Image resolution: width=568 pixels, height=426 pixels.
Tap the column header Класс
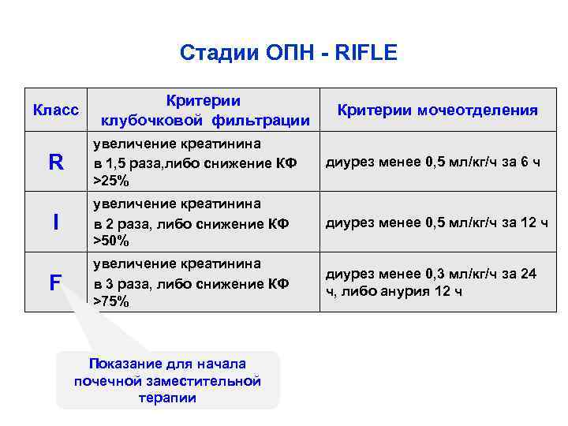55,110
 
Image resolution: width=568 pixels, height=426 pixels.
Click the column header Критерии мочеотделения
437,110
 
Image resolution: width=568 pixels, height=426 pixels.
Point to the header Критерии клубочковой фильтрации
204,110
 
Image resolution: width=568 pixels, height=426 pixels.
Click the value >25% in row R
111,181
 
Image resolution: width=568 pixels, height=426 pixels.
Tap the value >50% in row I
111,241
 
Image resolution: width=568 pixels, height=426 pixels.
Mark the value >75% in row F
111,301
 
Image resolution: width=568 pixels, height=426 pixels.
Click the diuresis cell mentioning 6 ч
432,163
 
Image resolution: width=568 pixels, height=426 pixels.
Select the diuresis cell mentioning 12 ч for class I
436,222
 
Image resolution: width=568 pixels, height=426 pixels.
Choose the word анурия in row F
404,290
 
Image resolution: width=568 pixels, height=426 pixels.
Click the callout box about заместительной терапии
167,380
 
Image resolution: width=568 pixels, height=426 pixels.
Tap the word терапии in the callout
167,398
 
